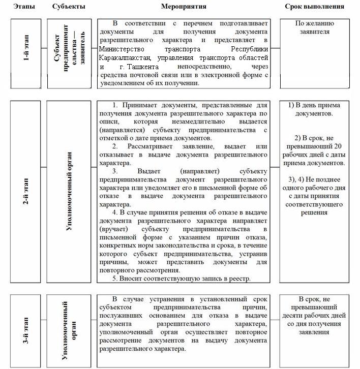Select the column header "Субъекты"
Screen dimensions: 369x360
tap(69, 7)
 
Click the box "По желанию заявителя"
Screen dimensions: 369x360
tap(319, 27)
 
